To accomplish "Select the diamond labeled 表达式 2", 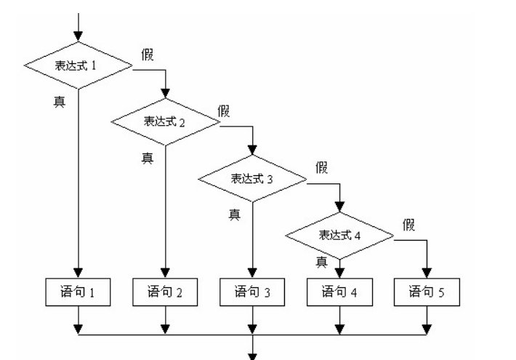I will click(165, 121).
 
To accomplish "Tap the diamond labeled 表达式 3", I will click(252, 178).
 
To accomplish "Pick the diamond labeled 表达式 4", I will click(339, 235).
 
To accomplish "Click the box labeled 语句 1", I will click(78, 292).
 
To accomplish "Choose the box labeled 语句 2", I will click(165, 292).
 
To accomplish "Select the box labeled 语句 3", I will click(252, 292).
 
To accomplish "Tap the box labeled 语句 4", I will click(339, 292).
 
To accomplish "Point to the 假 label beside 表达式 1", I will click(148, 55).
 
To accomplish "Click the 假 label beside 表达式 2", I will click(224, 111).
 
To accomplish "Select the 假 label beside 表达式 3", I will click(321, 168).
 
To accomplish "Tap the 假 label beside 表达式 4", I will click(408, 225).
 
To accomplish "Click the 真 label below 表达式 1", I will click(59, 101).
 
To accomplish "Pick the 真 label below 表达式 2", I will click(147, 157).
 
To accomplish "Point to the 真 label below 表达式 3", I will click(235, 214).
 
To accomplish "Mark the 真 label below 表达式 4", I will click(321, 260).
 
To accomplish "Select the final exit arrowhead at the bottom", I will click(252, 355).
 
